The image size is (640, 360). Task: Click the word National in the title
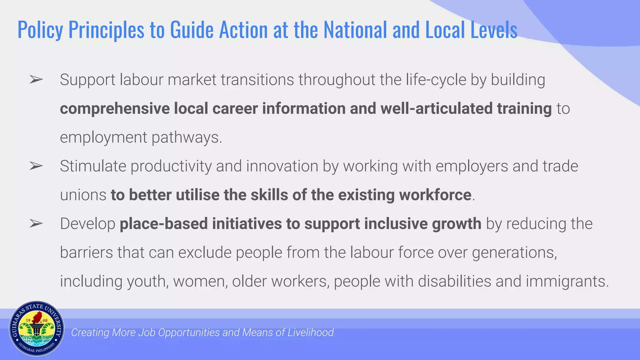tap(355, 30)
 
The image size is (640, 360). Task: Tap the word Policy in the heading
tap(40, 30)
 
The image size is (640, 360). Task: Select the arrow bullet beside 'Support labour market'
tap(36, 80)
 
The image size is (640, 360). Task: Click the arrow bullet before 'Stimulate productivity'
tap(36, 166)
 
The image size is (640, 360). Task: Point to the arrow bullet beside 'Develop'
tap(36, 223)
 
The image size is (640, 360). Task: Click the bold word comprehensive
tap(115, 109)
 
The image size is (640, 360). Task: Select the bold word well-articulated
tap(436, 109)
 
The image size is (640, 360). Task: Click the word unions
tap(83, 195)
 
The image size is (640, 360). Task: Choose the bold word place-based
tap(164, 224)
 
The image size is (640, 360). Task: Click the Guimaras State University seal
tap(37, 329)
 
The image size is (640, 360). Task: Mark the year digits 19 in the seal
tap(28, 320)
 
